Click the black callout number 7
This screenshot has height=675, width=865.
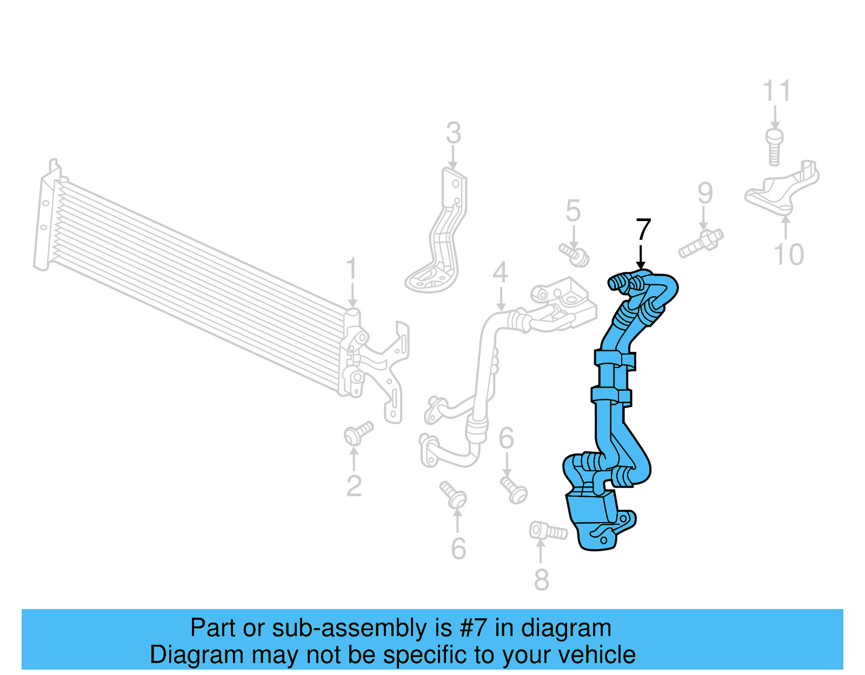click(643, 230)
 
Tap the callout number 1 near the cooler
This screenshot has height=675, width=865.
click(351, 269)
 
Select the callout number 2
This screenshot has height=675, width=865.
click(354, 486)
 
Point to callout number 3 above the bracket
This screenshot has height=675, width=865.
click(453, 133)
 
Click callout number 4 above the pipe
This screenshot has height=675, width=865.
click(500, 272)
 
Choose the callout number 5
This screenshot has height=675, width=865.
click(573, 211)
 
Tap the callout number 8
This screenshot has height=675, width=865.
click(541, 580)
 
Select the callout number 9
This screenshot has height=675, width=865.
click(704, 193)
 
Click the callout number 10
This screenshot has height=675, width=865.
click(789, 255)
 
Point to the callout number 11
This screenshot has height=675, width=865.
click(776, 91)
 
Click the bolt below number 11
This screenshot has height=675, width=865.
click(774, 145)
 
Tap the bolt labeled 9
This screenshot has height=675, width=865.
click(701, 244)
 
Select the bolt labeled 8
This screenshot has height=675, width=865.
click(548, 531)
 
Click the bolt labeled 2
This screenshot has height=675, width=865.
click(357, 433)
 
